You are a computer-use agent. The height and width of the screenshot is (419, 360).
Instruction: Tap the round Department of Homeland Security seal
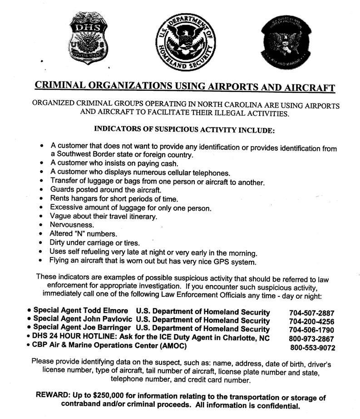(185, 44)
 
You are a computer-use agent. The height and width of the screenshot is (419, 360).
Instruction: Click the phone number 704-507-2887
(311, 313)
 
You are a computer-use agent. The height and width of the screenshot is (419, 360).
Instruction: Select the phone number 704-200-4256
(311, 321)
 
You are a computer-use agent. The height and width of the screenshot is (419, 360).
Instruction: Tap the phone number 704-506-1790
(311, 330)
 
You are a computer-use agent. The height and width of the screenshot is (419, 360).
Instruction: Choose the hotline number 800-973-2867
(311, 339)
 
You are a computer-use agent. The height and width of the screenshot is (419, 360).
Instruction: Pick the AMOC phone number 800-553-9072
(313, 348)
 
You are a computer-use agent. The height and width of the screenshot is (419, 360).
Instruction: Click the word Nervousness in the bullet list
(73, 225)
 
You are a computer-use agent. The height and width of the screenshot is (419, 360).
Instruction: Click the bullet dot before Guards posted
(42, 190)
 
